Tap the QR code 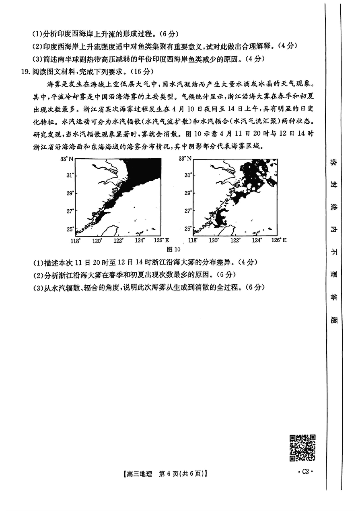pyautogui.click(x=303, y=448)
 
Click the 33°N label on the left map pyautogui.click(x=67, y=159)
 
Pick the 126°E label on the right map pyautogui.click(x=279, y=240)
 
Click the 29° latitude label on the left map pyautogui.click(x=70, y=193)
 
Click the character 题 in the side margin pyautogui.click(x=335, y=321)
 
